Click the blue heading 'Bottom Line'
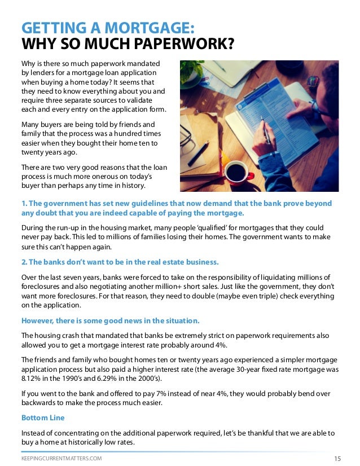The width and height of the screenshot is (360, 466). coord(43,418)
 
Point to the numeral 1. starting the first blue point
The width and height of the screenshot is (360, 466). coord(24,203)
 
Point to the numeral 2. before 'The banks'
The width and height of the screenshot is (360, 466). coord(24,262)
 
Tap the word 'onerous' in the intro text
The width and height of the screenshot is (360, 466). coord(102,177)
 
